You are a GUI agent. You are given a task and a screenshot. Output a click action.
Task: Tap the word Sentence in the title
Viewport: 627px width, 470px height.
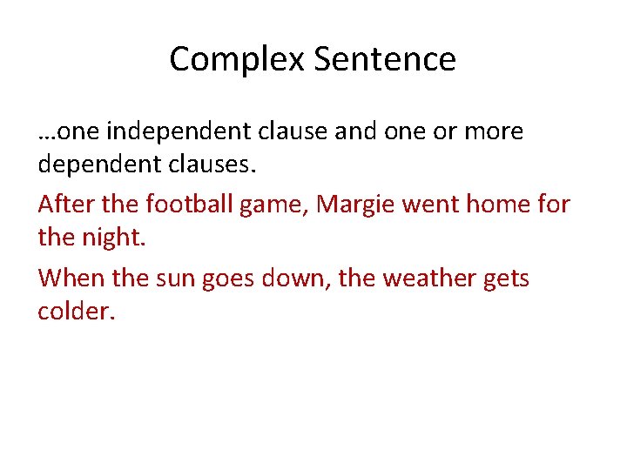384,59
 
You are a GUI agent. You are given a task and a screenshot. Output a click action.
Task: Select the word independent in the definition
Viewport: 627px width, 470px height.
178,131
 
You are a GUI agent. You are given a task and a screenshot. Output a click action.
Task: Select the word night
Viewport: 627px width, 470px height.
111,236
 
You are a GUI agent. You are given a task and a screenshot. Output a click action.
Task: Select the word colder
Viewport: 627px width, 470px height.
76,310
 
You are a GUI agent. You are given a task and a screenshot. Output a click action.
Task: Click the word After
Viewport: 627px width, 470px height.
64,204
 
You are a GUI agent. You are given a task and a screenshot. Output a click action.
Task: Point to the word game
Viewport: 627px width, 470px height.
280,205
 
